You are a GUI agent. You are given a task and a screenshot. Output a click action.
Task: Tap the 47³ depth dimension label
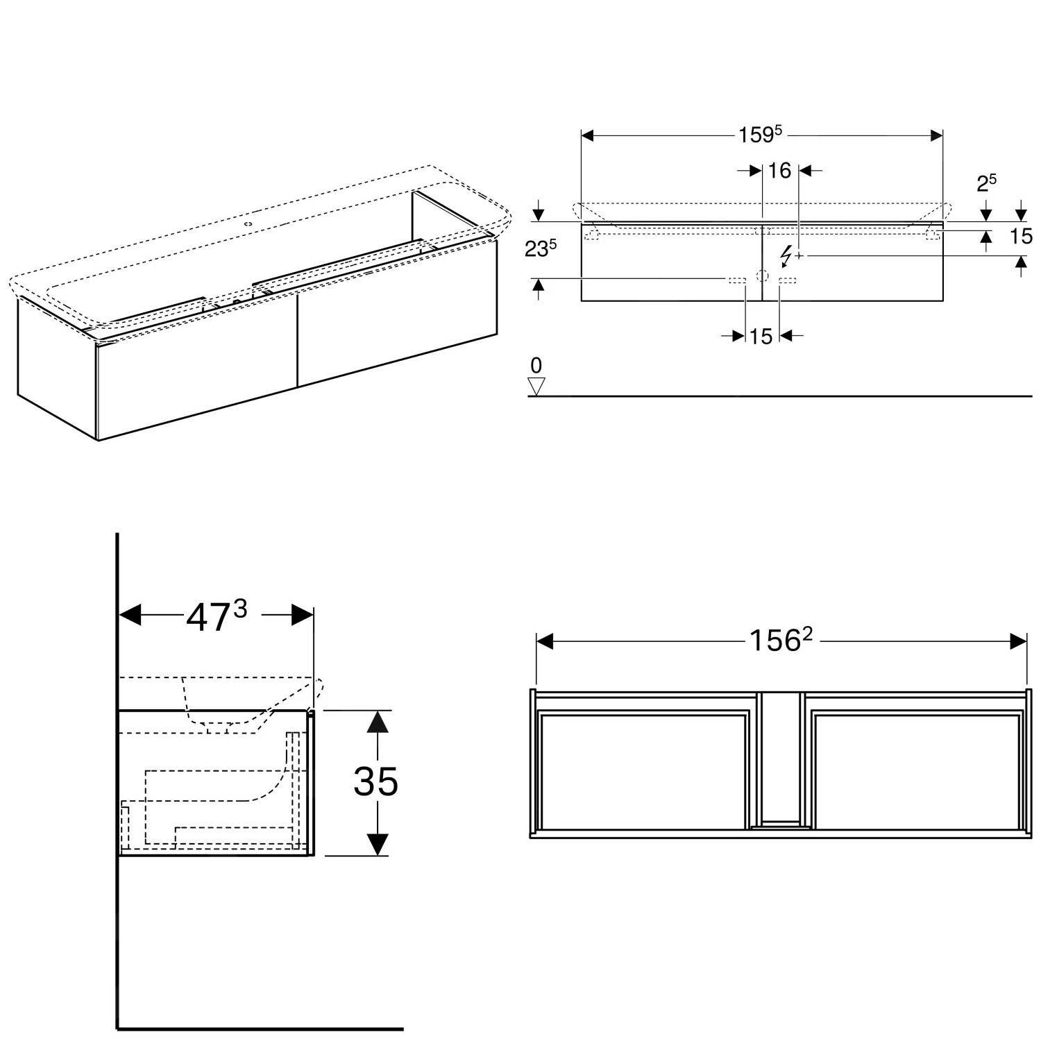[x=216, y=616]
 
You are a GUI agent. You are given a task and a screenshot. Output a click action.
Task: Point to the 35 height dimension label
[x=375, y=781]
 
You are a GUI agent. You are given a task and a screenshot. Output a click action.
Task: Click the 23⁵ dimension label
[x=540, y=248]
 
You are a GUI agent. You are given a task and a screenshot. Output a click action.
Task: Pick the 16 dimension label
[x=780, y=170]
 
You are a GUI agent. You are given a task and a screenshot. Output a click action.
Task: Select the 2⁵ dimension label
[x=986, y=183]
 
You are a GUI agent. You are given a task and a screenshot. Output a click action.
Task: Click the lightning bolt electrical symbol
[x=786, y=256]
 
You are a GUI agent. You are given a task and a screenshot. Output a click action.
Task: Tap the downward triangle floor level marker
[x=536, y=386]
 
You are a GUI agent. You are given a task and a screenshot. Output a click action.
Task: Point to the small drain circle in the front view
[x=763, y=276]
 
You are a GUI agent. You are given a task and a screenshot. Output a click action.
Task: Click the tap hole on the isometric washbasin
[x=248, y=225]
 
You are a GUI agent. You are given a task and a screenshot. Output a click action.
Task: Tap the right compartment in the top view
[x=916, y=770]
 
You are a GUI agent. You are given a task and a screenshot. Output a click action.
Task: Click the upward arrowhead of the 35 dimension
[x=376, y=723]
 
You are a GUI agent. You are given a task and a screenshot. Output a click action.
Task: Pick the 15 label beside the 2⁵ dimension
[x=1021, y=237]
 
